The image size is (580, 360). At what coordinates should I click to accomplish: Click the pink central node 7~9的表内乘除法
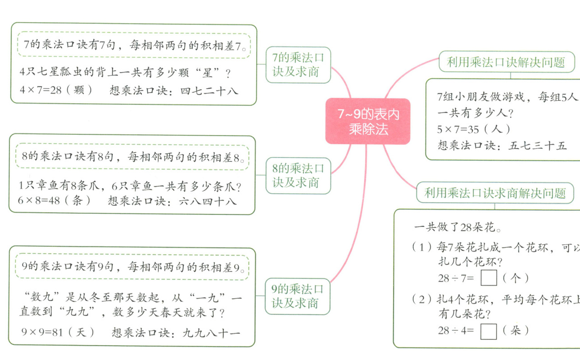click(368, 121)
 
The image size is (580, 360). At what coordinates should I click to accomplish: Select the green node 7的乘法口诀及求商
click(298, 65)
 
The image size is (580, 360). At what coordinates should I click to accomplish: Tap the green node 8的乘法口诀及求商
click(298, 175)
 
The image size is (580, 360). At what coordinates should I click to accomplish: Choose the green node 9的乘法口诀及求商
click(298, 296)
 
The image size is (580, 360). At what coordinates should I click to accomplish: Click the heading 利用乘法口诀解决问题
click(506, 62)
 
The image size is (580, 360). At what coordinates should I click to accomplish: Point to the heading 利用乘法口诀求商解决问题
click(495, 193)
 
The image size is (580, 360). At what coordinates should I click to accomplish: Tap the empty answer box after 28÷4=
click(489, 331)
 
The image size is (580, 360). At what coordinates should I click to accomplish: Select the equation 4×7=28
click(41, 90)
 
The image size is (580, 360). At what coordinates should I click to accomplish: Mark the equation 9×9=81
click(42, 333)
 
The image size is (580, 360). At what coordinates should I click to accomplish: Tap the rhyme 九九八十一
click(212, 333)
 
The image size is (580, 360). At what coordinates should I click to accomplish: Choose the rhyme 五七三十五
click(538, 146)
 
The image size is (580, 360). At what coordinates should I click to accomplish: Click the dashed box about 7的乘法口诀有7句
click(134, 44)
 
